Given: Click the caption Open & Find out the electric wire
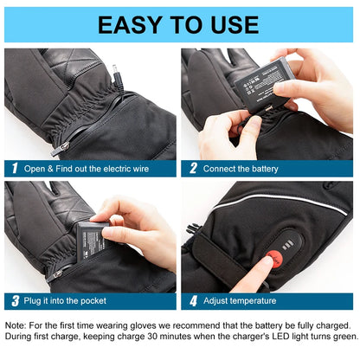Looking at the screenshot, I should point(87,169).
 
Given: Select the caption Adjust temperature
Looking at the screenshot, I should point(240,301).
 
